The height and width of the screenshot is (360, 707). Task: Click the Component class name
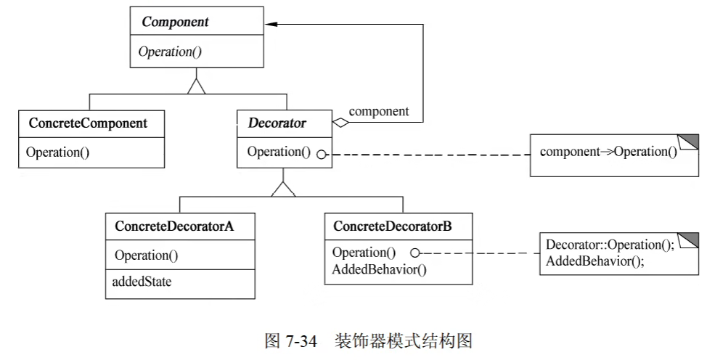175,22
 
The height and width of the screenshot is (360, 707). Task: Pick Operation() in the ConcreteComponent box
57,152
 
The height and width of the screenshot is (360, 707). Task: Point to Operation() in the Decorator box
278,152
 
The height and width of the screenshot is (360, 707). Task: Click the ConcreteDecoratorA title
173,226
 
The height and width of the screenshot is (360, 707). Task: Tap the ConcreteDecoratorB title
392,226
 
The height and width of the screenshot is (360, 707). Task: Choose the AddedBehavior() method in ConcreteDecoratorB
379,269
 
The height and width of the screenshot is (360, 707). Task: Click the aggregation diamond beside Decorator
340,123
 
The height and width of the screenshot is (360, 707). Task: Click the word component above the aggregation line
379,111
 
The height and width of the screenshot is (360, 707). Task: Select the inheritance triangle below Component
196,86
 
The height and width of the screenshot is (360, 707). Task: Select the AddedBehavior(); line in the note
593,261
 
